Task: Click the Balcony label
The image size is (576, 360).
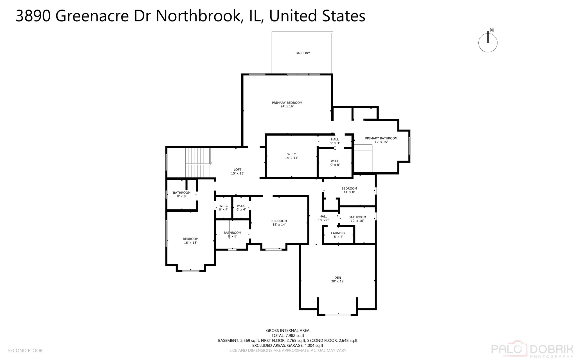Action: pyautogui.click(x=303, y=53)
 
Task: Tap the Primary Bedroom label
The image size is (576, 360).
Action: pyautogui.click(x=287, y=104)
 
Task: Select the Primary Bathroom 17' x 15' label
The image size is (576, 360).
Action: pyautogui.click(x=381, y=140)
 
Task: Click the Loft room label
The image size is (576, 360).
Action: pyautogui.click(x=237, y=171)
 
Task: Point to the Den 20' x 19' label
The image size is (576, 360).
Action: pyautogui.click(x=337, y=279)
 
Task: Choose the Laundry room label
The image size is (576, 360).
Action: pyautogui.click(x=338, y=235)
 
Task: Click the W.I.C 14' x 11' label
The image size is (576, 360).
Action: pyautogui.click(x=291, y=156)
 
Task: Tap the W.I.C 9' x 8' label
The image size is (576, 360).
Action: pyautogui.click(x=335, y=163)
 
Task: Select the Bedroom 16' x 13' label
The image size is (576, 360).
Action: pyautogui.click(x=190, y=241)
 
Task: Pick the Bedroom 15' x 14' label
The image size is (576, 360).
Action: pyautogui.click(x=279, y=223)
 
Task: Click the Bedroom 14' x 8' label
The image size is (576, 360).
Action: pyautogui.click(x=349, y=190)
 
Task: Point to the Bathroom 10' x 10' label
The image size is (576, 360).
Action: pyautogui.click(x=357, y=219)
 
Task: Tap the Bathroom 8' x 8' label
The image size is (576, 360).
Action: pyautogui.click(x=182, y=194)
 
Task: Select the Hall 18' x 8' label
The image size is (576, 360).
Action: pyautogui.click(x=323, y=218)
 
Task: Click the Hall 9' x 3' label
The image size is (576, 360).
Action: pyautogui.click(x=335, y=141)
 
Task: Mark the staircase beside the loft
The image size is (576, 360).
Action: pyautogui.click(x=198, y=163)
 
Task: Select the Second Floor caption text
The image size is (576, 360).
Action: pyautogui.click(x=25, y=350)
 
